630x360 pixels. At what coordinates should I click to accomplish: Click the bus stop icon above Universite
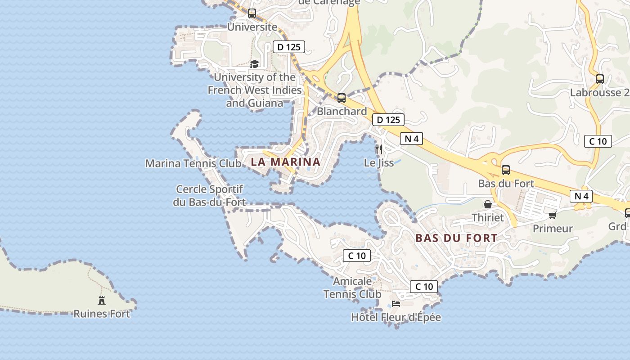pos(252,13)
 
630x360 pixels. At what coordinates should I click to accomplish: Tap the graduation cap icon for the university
pos(255,64)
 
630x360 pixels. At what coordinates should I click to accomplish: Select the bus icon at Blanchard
pos(342,98)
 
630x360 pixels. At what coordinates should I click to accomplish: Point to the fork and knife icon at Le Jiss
pos(378,149)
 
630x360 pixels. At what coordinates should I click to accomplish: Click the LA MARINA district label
pos(285,162)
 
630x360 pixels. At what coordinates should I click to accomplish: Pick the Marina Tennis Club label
pos(193,163)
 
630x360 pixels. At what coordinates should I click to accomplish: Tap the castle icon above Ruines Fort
pos(102,300)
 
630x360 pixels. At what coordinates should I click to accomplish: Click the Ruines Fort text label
pos(102,314)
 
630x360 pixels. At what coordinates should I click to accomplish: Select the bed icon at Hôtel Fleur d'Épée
pos(396,304)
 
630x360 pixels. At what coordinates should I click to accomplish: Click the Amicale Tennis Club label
pos(352,288)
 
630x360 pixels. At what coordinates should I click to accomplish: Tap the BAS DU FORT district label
pos(456,238)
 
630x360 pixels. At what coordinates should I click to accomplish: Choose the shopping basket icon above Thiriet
pos(487,205)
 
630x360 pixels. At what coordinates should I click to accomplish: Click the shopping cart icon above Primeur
pos(553,215)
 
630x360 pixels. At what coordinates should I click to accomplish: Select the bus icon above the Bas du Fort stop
pos(506,170)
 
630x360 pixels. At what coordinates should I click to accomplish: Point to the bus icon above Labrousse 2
pos(600,79)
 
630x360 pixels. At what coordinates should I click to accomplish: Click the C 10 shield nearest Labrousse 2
pos(598,141)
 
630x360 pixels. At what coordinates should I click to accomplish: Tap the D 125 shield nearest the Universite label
pos(289,47)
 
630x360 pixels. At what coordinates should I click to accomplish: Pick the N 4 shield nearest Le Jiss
pos(411,139)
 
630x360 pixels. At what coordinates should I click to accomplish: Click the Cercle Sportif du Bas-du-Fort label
pos(209,196)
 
